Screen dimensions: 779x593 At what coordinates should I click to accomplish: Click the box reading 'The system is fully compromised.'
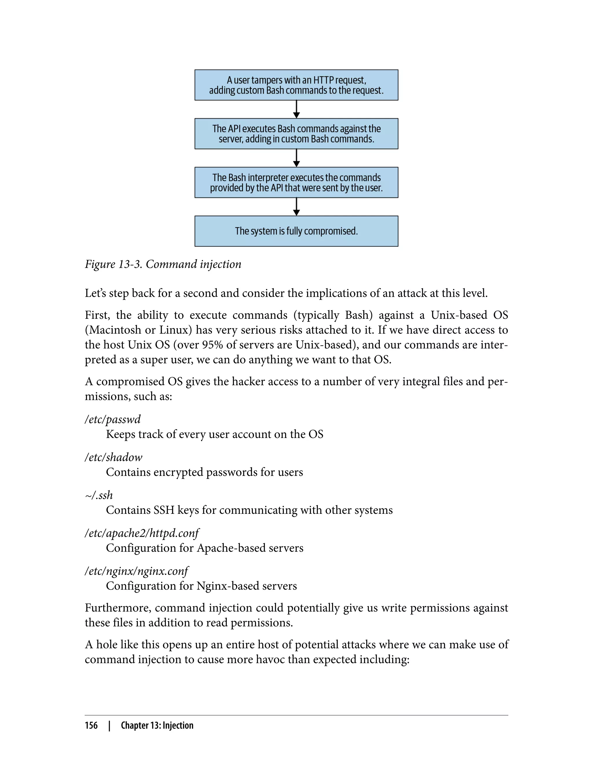[x=296, y=231]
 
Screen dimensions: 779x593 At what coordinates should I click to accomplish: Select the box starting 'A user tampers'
[x=296, y=85]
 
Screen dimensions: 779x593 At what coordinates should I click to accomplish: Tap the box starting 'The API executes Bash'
[x=296, y=134]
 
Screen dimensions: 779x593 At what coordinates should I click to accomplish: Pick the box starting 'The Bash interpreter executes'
[x=296, y=182]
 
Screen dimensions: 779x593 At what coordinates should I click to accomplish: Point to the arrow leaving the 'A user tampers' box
[x=296, y=109]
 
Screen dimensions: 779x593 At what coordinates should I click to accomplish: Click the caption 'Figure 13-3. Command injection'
[x=163, y=264]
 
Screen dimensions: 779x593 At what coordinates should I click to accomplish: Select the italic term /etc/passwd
[x=112, y=419]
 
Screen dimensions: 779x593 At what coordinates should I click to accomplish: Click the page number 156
[x=91, y=725]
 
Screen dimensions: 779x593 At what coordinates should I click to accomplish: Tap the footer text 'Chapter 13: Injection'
[x=157, y=725]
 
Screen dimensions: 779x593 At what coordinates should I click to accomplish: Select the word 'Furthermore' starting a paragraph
[x=118, y=608]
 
